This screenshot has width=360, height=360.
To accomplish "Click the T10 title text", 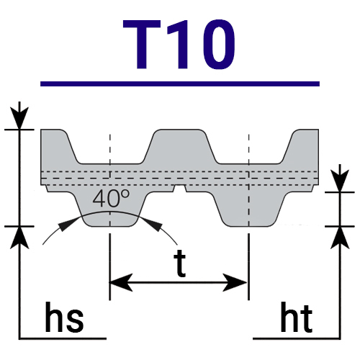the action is [179, 45].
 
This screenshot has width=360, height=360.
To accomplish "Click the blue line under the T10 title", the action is [180, 84].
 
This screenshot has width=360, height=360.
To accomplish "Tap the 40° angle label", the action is [111, 198].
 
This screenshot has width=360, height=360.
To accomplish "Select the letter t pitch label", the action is [180, 264].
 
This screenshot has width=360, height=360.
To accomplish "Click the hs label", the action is [64, 318].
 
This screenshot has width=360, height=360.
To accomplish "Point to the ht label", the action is [297, 318].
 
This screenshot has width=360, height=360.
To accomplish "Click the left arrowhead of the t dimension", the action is [121, 282].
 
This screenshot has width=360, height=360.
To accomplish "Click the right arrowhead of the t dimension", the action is [235, 282].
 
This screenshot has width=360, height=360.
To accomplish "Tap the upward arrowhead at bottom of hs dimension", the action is [19, 238].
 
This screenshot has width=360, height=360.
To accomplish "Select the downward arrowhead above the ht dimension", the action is [340, 181].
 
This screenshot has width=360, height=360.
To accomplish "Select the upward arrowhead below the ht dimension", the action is [340, 238].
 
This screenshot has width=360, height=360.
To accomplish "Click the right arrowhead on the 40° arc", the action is [153, 225].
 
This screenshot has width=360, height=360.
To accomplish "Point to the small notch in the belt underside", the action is [180, 189].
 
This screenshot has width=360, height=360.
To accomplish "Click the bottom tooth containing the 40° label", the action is [110, 209].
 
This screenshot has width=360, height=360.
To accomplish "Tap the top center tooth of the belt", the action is [179, 146].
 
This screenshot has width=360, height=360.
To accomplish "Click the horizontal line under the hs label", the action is [63, 338].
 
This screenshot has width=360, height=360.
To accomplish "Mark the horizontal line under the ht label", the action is [297, 338].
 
